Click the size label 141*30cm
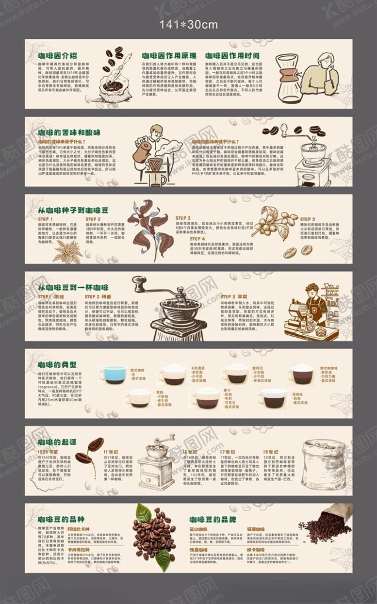coord(189,25)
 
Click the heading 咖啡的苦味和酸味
coord(69,132)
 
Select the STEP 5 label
coord(307,219)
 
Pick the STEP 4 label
coord(197,239)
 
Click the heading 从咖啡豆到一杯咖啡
coord(73,287)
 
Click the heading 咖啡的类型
coord(57,364)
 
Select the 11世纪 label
coord(111,451)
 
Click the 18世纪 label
coord(270,451)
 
